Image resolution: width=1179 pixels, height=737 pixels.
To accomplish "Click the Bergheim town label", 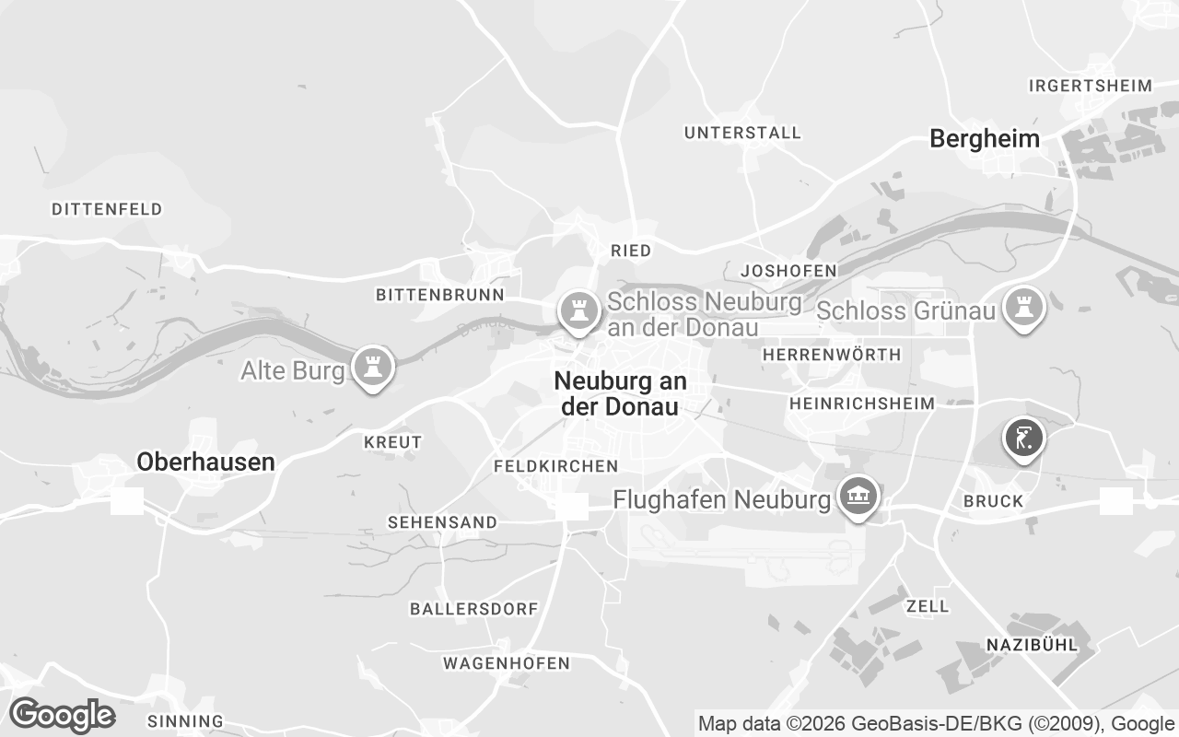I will coord(985,139).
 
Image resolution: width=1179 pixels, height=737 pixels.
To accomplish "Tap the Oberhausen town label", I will coord(205,462).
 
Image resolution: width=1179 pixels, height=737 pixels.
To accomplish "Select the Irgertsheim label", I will coord(1091,86).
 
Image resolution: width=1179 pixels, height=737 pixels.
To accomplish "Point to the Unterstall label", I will coord(742,134).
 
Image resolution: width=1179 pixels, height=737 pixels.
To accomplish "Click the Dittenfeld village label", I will coord(107,209).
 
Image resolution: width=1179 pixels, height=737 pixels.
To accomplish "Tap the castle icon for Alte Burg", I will coord(372,366).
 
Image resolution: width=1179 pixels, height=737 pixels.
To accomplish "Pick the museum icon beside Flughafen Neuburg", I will coord(858,497).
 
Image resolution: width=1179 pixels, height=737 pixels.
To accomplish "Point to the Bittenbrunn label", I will coord(440,295).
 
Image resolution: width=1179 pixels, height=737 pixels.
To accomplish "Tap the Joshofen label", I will coord(788,271).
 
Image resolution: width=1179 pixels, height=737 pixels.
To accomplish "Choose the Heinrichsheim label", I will coord(862,404).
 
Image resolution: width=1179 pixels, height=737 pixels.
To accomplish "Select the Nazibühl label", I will coord(1032,645).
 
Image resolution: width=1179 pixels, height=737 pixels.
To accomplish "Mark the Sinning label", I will coord(185,721).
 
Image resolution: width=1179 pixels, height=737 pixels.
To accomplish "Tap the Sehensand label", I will coord(442,522).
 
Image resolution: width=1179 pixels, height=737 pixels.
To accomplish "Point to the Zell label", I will coord(928,606).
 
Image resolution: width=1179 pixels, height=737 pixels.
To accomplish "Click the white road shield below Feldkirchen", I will coord(572,506).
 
